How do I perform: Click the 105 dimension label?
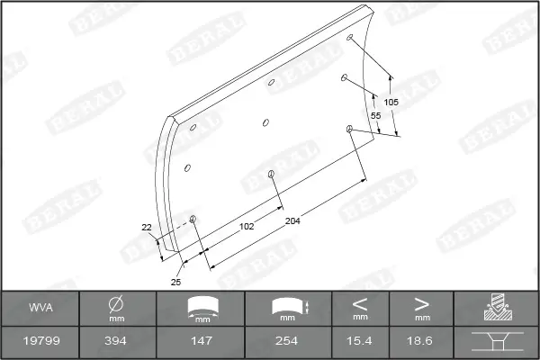(x=391, y=102)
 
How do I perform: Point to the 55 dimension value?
(x=375, y=116)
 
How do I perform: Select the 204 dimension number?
(x=292, y=220)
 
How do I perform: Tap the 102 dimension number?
(x=247, y=226)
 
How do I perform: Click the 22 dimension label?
(x=147, y=228)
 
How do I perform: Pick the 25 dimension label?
(x=175, y=282)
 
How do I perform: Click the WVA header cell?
(x=41, y=307)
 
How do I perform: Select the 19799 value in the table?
(x=41, y=341)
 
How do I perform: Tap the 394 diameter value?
(x=115, y=341)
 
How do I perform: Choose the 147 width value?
(x=202, y=341)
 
